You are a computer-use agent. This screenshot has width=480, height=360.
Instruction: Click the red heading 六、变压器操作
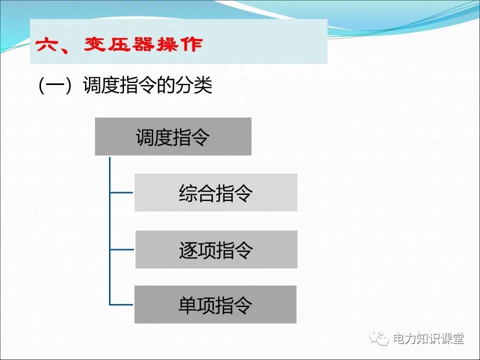click(x=119, y=44)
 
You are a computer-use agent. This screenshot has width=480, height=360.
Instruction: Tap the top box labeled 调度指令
click(x=173, y=136)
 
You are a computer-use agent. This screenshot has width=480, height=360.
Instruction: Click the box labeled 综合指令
click(x=215, y=192)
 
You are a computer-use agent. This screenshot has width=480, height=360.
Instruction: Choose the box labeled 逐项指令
click(x=216, y=249)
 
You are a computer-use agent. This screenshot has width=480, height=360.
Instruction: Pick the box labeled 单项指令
click(x=215, y=304)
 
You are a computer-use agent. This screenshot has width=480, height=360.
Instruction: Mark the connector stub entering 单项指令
click(x=122, y=304)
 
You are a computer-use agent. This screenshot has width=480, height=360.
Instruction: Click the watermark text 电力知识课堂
click(x=428, y=339)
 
